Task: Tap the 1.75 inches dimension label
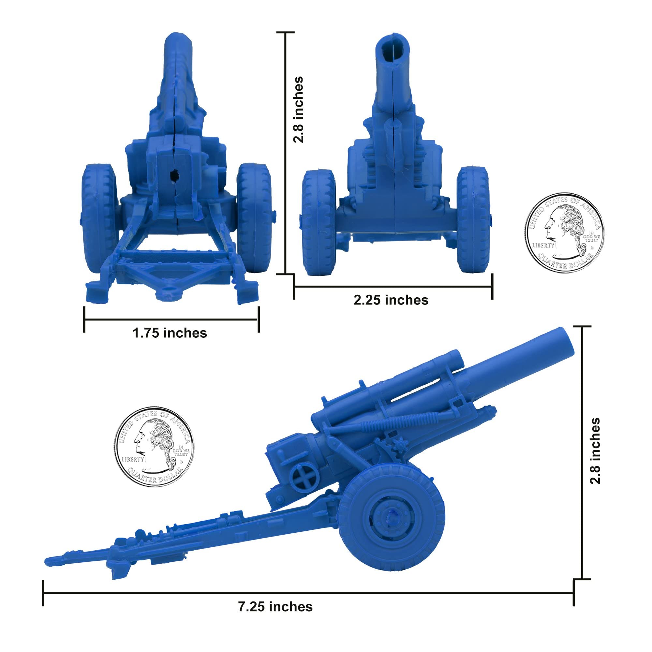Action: (x=170, y=333)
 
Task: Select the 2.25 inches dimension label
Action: (x=391, y=300)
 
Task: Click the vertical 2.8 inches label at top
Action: (x=298, y=110)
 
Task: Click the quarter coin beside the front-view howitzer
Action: (x=565, y=233)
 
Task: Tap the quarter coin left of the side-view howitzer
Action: (x=154, y=447)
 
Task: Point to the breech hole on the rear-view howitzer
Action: (x=175, y=175)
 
